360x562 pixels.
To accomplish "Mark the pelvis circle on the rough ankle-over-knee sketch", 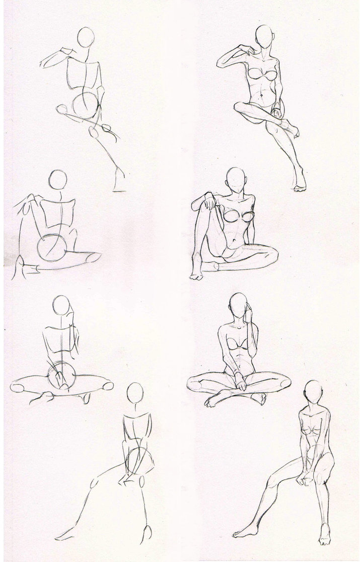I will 84,105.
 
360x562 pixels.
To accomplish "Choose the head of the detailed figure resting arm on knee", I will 235,178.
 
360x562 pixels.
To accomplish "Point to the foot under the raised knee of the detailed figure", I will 196,274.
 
